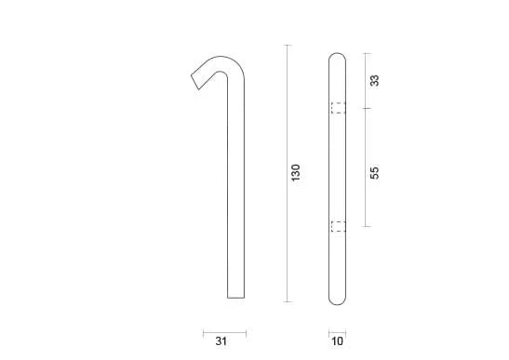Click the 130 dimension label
297,172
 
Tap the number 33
375,81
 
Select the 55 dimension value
375,172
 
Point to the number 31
220,341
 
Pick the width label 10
337,341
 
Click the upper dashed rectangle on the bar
338,108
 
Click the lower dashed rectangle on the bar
338,226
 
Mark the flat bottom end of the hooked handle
236,299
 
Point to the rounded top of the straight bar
338,57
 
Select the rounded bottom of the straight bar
338,299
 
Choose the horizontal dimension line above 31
224,331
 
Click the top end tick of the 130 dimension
287,45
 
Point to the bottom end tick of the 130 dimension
287,301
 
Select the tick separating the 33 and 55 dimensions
365,109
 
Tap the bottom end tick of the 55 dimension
365,226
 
